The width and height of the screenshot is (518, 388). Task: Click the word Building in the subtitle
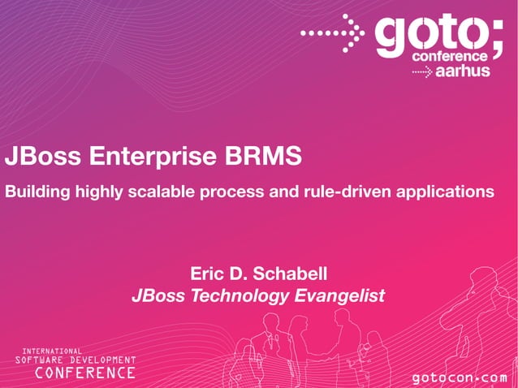tap(37, 192)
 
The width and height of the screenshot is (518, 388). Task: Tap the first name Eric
tap(208, 274)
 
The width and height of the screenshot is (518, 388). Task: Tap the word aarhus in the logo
tap(463, 71)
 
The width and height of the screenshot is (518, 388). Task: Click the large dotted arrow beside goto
tap(332, 33)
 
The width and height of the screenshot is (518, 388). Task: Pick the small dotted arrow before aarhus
tap(422, 72)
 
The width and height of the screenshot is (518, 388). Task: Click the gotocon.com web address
tap(459, 378)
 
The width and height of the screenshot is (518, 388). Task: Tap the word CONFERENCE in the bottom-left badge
tap(84, 373)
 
